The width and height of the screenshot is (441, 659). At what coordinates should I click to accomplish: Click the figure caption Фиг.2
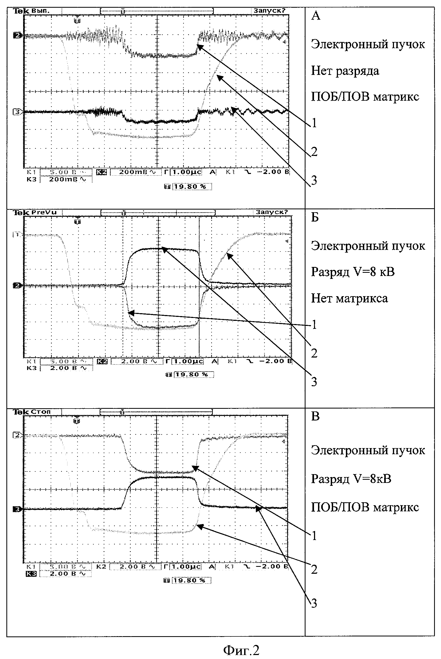pyautogui.click(x=241, y=650)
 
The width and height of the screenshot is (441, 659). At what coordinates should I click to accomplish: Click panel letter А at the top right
pyautogui.click(x=316, y=16)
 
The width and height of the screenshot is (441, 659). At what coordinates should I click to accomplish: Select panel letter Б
pyautogui.click(x=315, y=217)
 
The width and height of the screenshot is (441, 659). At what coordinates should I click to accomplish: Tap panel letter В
pyautogui.click(x=315, y=416)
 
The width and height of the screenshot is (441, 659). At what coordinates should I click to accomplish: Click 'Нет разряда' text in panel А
pyautogui.click(x=345, y=71)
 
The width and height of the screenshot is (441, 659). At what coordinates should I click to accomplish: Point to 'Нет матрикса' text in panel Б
pyautogui.click(x=349, y=298)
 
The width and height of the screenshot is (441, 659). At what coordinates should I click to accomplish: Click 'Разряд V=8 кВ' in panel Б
pyautogui.click(x=353, y=272)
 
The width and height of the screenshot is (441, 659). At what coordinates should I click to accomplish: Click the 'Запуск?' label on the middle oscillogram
pyautogui.click(x=272, y=212)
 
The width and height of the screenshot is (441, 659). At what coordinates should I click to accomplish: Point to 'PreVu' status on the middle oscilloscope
pyautogui.click(x=44, y=212)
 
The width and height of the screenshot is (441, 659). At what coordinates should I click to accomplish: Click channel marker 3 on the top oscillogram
pyautogui.click(x=17, y=112)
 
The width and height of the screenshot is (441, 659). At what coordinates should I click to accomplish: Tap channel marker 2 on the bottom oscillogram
pyautogui.click(x=17, y=435)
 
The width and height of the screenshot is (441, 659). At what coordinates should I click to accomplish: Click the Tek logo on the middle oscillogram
pyautogui.click(x=21, y=212)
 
